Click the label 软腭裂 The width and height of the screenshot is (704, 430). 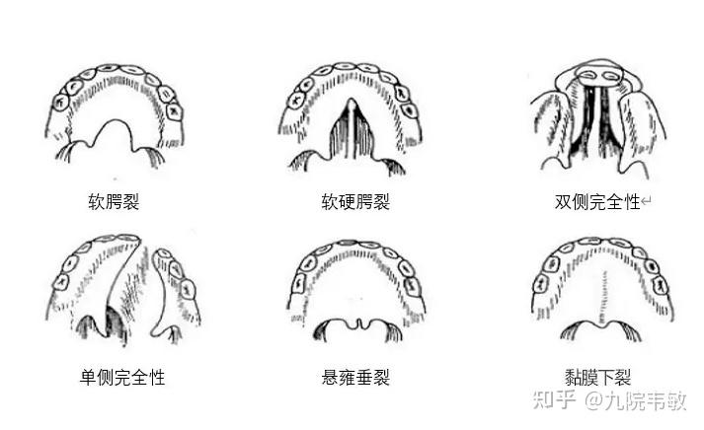pyautogui.click(x=114, y=203)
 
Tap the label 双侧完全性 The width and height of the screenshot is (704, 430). pyautogui.click(x=596, y=203)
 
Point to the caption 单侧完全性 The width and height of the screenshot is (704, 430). pyautogui.click(x=122, y=378)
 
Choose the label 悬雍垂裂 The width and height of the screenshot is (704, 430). pyautogui.click(x=355, y=378)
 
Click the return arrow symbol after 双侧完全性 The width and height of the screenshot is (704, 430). pyautogui.click(x=647, y=203)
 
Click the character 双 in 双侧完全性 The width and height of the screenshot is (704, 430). pyautogui.click(x=563, y=203)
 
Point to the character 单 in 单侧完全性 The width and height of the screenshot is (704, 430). pyautogui.click(x=89, y=378)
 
